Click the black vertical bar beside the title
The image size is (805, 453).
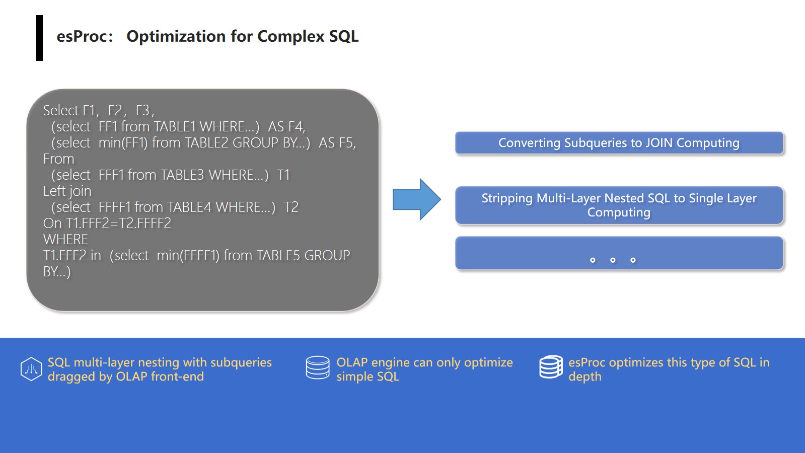tap(40, 38)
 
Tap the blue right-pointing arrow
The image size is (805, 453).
tap(416, 199)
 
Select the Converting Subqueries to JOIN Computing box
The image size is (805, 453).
tap(619, 143)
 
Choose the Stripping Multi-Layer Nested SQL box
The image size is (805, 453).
tap(619, 205)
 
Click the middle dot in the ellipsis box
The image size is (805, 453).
tap(613, 260)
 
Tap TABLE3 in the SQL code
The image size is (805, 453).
tap(182, 175)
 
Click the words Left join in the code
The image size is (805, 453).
tap(67, 191)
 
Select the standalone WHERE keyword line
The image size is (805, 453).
tap(65, 239)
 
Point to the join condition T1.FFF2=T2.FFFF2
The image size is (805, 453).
tap(107, 223)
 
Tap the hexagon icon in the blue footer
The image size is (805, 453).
tap(31, 369)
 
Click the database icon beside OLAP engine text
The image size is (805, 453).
tap(318, 367)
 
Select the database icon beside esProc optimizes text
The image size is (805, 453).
tap(551, 367)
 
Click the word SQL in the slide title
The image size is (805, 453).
tap(344, 36)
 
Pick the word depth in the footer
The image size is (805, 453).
tap(584, 377)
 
